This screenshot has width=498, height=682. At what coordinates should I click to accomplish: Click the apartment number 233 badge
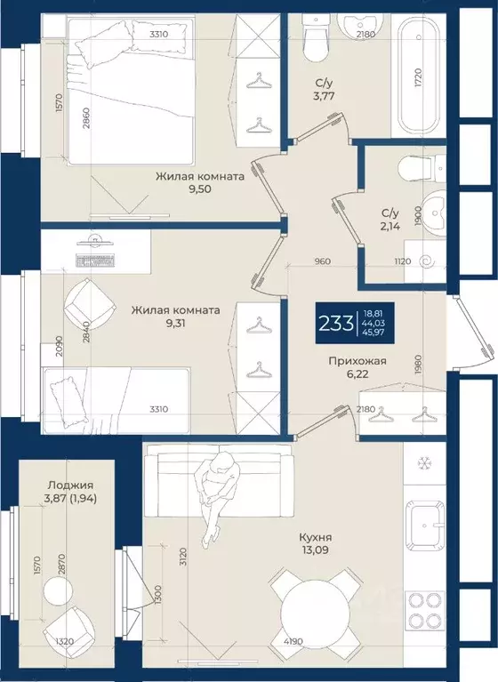click(355, 323)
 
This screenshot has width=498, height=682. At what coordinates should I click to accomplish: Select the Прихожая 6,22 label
click(357, 367)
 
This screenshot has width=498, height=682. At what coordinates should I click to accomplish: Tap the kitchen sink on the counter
click(425, 526)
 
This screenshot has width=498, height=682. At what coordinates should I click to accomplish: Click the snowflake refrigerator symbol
click(423, 463)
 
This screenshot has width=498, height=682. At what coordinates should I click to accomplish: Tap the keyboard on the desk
click(96, 261)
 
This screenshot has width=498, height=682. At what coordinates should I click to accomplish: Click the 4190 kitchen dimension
click(293, 642)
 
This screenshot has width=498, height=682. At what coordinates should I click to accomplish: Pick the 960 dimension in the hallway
click(322, 261)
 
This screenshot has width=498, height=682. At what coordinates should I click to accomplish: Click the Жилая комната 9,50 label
click(200, 182)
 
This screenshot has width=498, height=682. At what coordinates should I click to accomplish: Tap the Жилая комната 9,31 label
click(176, 317)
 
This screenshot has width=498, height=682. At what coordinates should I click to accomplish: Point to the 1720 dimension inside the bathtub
click(418, 78)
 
